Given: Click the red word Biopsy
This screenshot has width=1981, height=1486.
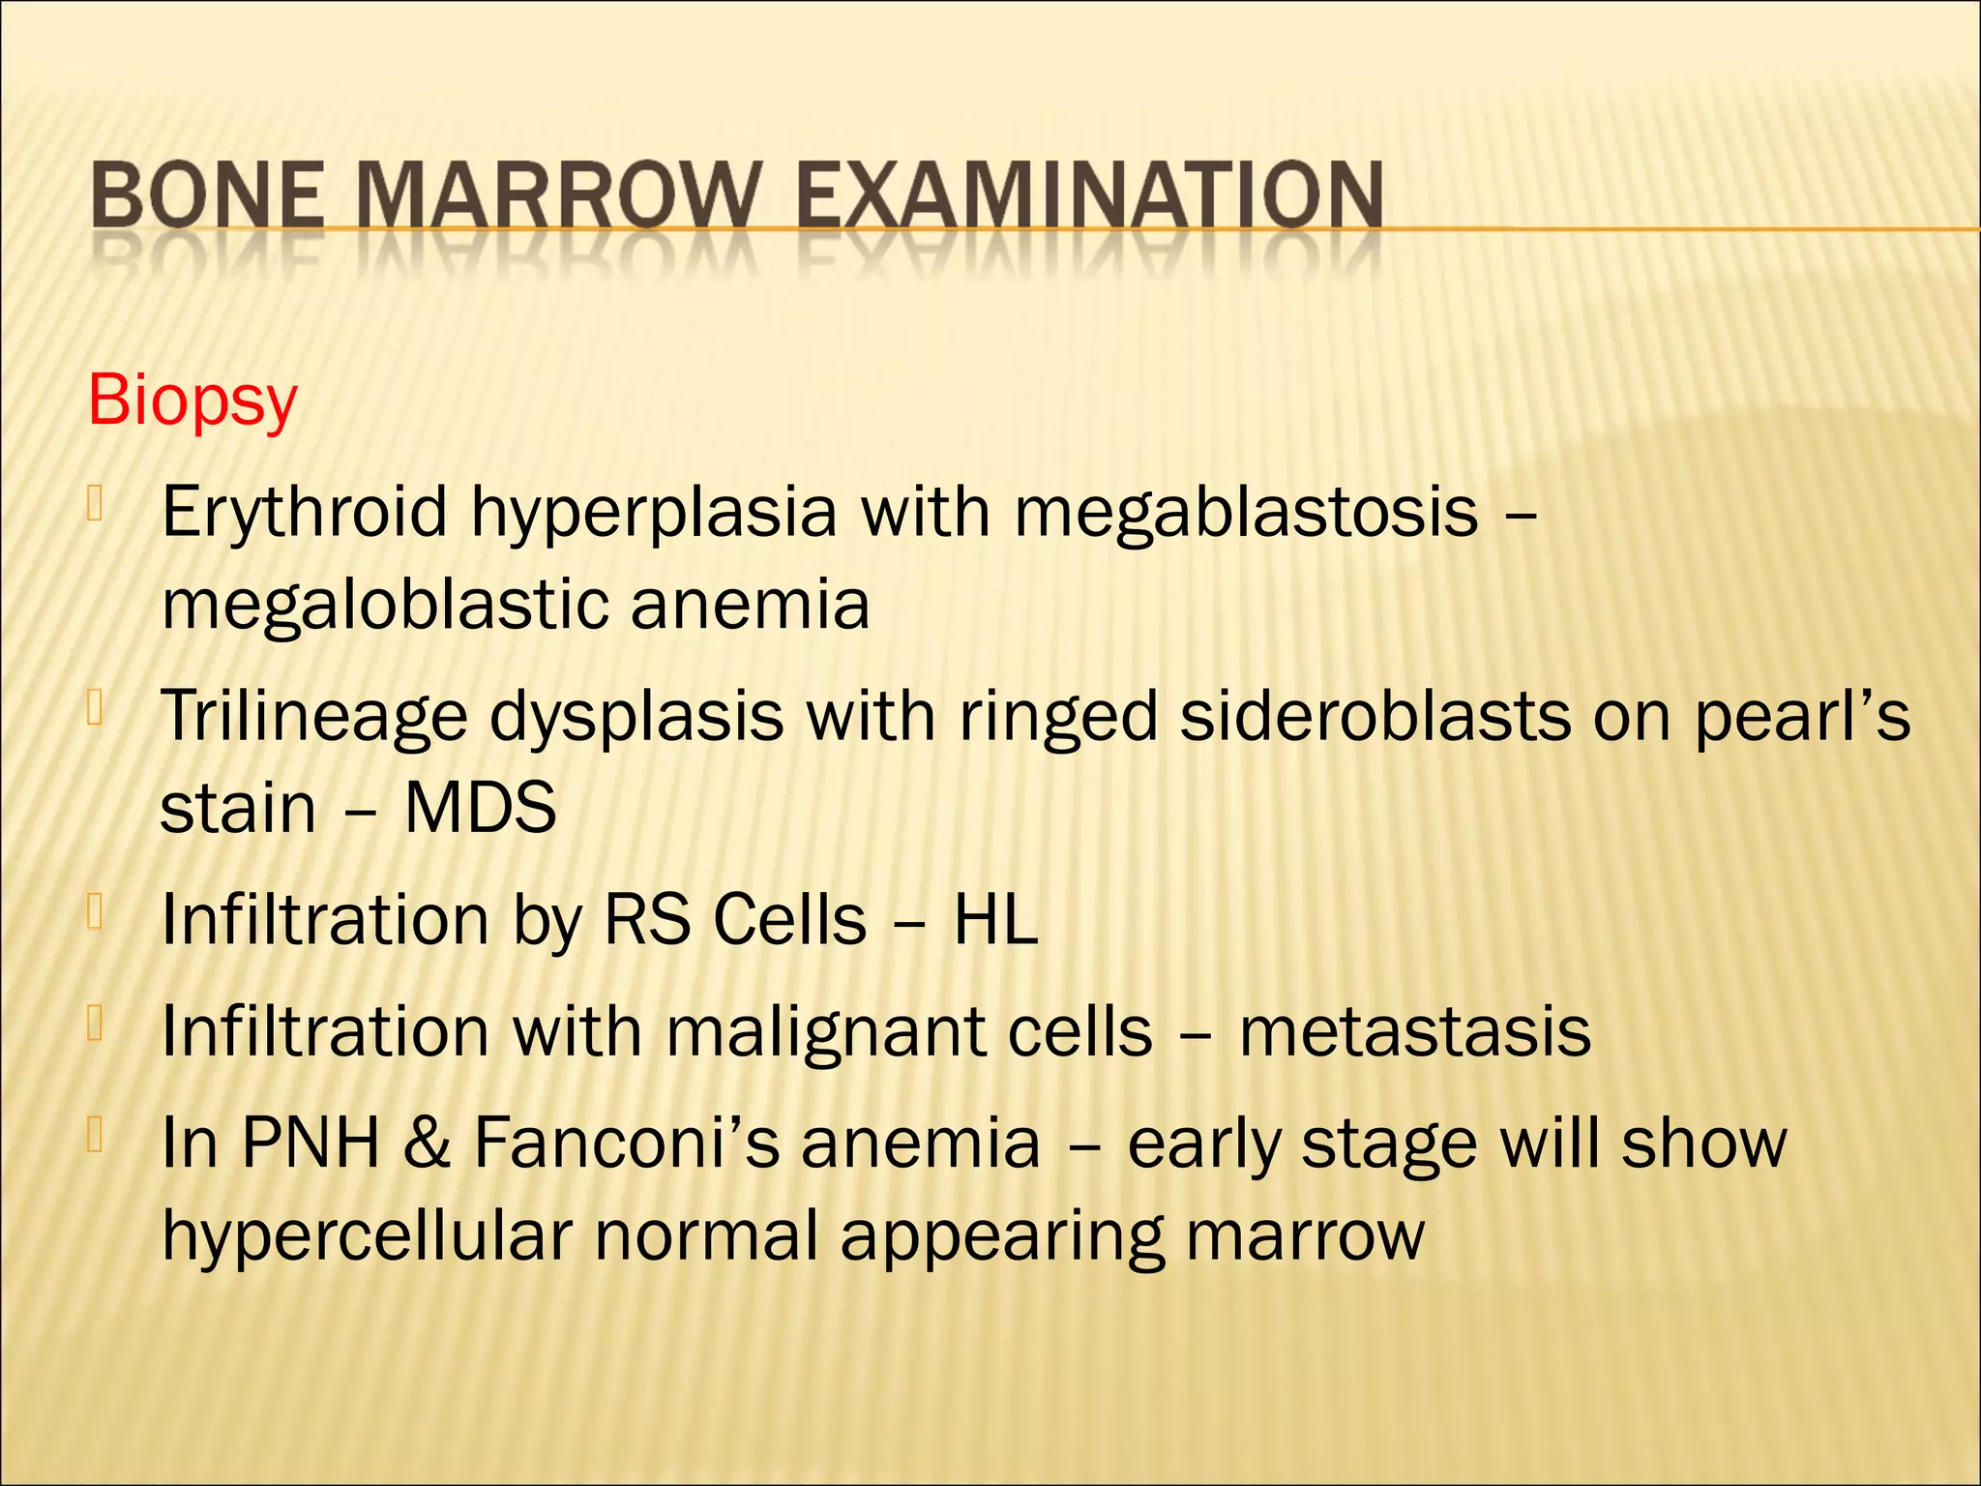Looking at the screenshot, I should click(x=192, y=401).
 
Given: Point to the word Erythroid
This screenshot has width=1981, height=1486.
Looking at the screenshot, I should click(x=304, y=513).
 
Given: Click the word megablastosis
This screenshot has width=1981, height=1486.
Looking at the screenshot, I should click(x=1246, y=513).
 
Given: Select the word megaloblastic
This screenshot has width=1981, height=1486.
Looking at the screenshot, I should click(x=385, y=605).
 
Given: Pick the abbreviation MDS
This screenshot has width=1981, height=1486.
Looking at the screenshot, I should click(x=480, y=809).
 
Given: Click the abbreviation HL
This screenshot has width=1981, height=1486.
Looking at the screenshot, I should click(x=995, y=920).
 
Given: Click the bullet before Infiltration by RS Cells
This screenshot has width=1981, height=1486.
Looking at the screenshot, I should click(x=95, y=911).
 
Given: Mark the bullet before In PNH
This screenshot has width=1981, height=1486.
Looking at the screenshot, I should click(x=95, y=1135).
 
